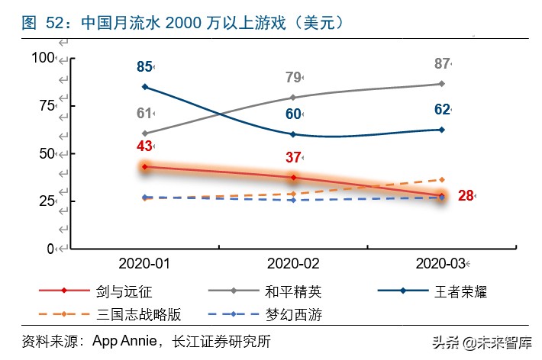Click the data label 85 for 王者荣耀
pyautogui.click(x=144, y=67)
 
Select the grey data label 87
pyautogui.click(x=442, y=64)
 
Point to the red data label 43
pyautogui.click(x=144, y=146)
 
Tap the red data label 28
pyautogui.click(x=466, y=196)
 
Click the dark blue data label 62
pyautogui.click(x=442, y=109)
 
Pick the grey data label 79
pyautogui.click(x=293, y=77)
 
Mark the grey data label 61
pyautogui.click(x=144, y=114)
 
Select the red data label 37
pyautogui.click(x=293, y=158)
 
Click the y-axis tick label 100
pyautogui.click(x=43, y=58)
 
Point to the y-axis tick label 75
pyautogui.click(x=46, y=106)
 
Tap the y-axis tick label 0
pyautogui.click(x=50, y=249)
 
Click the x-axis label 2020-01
pyautogui.click(x=144, y=264)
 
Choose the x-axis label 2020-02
pyautogui.click(x=293, y=264)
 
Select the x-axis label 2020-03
pyautogui.click(x=441, y=264)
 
